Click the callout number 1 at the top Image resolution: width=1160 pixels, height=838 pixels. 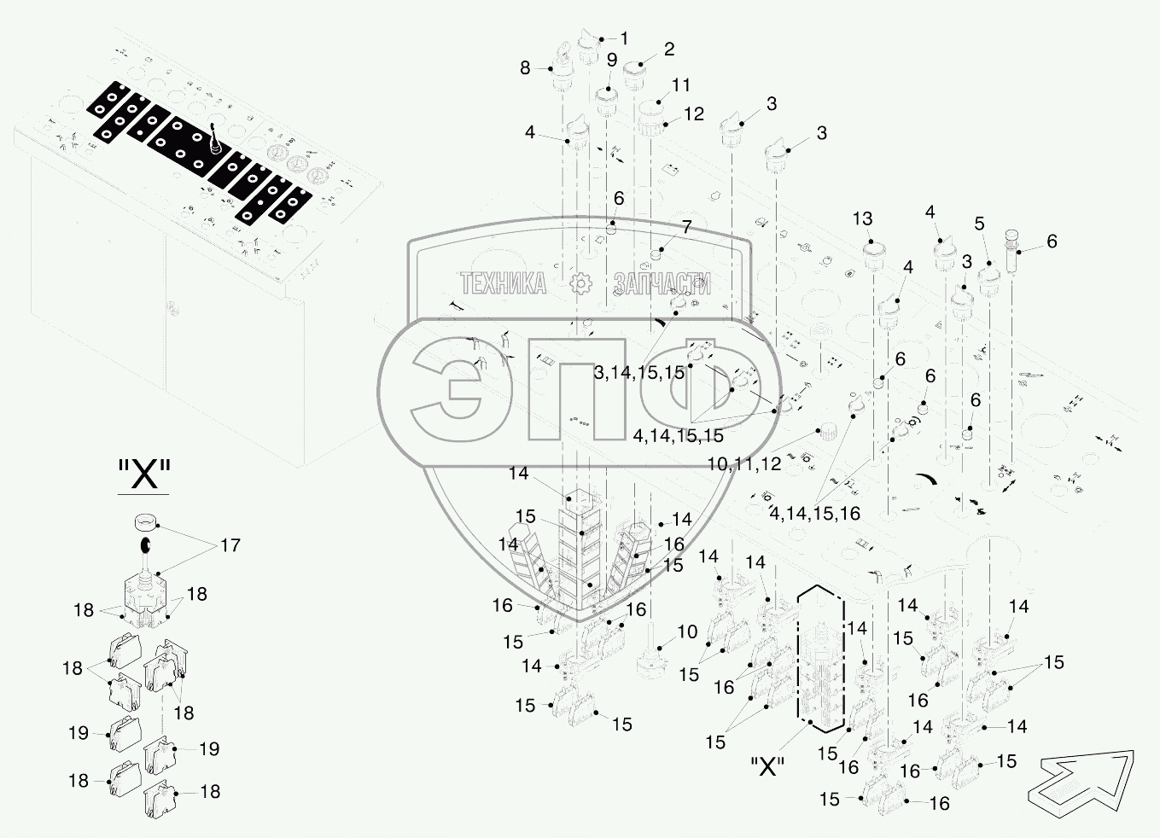(x=624, y=38)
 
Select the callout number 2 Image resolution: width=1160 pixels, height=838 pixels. (x=669, y=49)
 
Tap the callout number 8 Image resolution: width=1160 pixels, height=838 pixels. (x=525, y=67)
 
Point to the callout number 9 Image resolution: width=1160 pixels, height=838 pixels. (x=612, y=60)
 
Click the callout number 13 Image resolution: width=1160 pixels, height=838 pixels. (x=863, y=219)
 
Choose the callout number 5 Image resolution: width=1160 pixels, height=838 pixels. (x=979, y=224)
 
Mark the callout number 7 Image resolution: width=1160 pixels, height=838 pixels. (x=686, y=227)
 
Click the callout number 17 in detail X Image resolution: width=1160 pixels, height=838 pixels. (x=230, y=545)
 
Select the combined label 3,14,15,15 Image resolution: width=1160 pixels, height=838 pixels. (x=639, y=373)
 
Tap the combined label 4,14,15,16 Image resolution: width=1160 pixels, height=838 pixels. (x=814, y=514)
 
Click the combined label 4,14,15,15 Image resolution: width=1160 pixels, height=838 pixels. (x=678, y=436)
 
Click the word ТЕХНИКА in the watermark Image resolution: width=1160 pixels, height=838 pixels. (x=504, y=283)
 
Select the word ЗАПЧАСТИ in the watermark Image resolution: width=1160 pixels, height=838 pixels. (x=662, y=283)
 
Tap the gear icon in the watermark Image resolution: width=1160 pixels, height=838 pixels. (x=580, y=283)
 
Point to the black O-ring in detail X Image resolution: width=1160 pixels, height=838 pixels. (x=146, y=544)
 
